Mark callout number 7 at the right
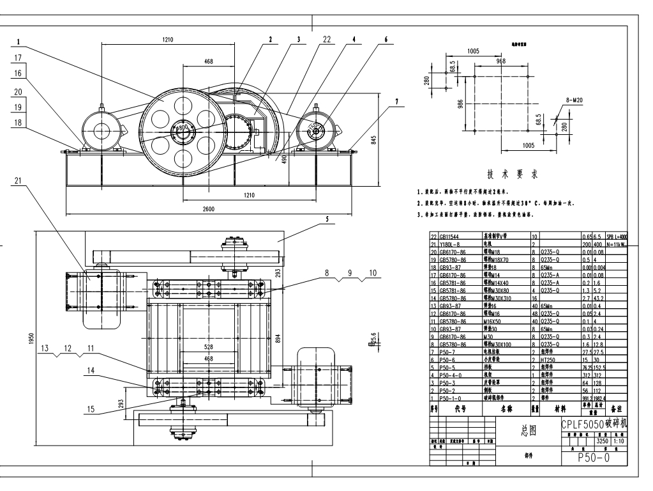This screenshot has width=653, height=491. pyautogui.click(x=396, y=102)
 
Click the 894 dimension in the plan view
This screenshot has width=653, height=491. pyautogui.click(x=278, y=338)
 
